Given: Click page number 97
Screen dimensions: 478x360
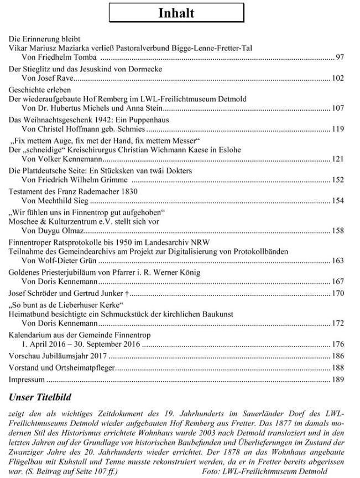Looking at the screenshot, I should (340, 58).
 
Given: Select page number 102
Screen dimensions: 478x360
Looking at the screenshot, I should (338, 79).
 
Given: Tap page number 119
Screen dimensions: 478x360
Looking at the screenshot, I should (338, 129).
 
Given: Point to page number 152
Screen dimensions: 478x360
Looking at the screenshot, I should (338, 180).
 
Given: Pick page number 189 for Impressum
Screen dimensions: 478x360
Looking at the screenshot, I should (338, 381).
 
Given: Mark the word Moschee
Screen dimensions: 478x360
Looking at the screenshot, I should (24, 221).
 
